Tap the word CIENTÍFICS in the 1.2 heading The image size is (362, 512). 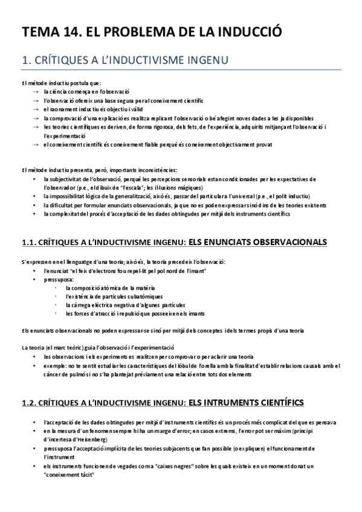(282, 402)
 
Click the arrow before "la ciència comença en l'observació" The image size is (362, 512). (36, 91)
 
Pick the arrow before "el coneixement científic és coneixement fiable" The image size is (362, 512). (36, 145)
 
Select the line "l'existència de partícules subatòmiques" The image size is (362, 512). (106, 296)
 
